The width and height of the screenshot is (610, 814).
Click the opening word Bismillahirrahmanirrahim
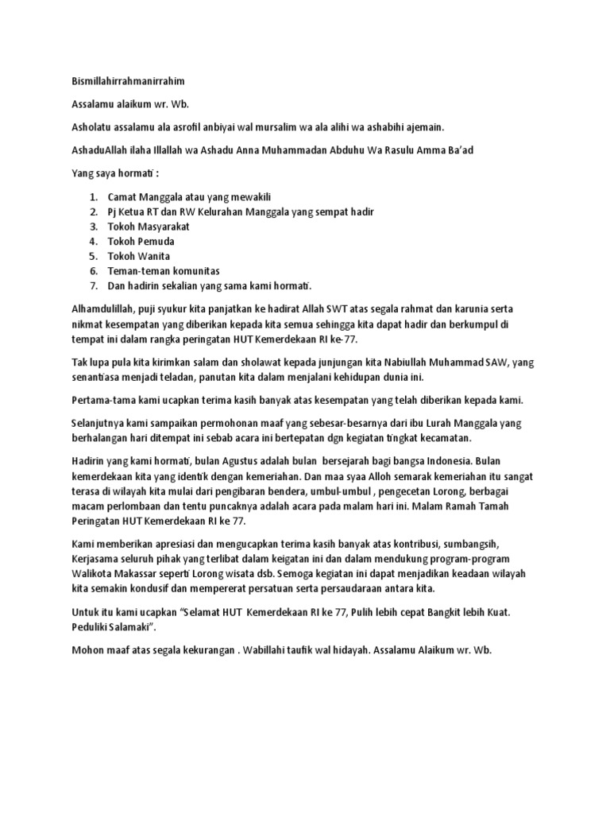[x=121, y=81]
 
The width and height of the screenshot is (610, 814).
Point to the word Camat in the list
[x=122, y=196]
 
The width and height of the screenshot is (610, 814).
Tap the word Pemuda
[x=156, y=241]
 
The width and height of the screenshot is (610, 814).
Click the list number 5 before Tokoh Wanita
[x=93, y=256]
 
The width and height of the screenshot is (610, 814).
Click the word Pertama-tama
[x=92, y=399]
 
